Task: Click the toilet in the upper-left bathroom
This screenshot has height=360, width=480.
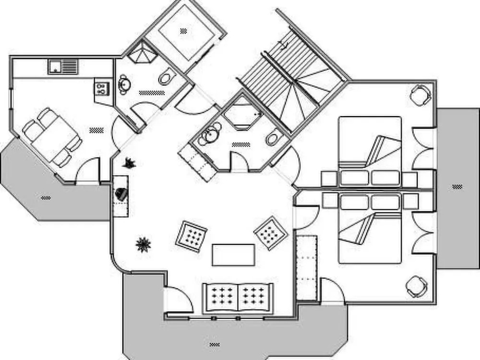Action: click(166, 77)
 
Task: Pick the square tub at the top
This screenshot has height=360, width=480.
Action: click(183, 32)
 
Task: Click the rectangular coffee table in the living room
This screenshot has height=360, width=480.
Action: click(233, 254)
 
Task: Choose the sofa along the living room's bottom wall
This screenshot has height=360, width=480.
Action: click(238, 298)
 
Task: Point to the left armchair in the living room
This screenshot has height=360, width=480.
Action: click(192, 236)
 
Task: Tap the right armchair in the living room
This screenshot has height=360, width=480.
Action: click(270, 233)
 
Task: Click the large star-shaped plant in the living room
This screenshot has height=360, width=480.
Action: click(143, 245)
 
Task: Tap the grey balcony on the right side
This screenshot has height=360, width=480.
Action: click(457, 187)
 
